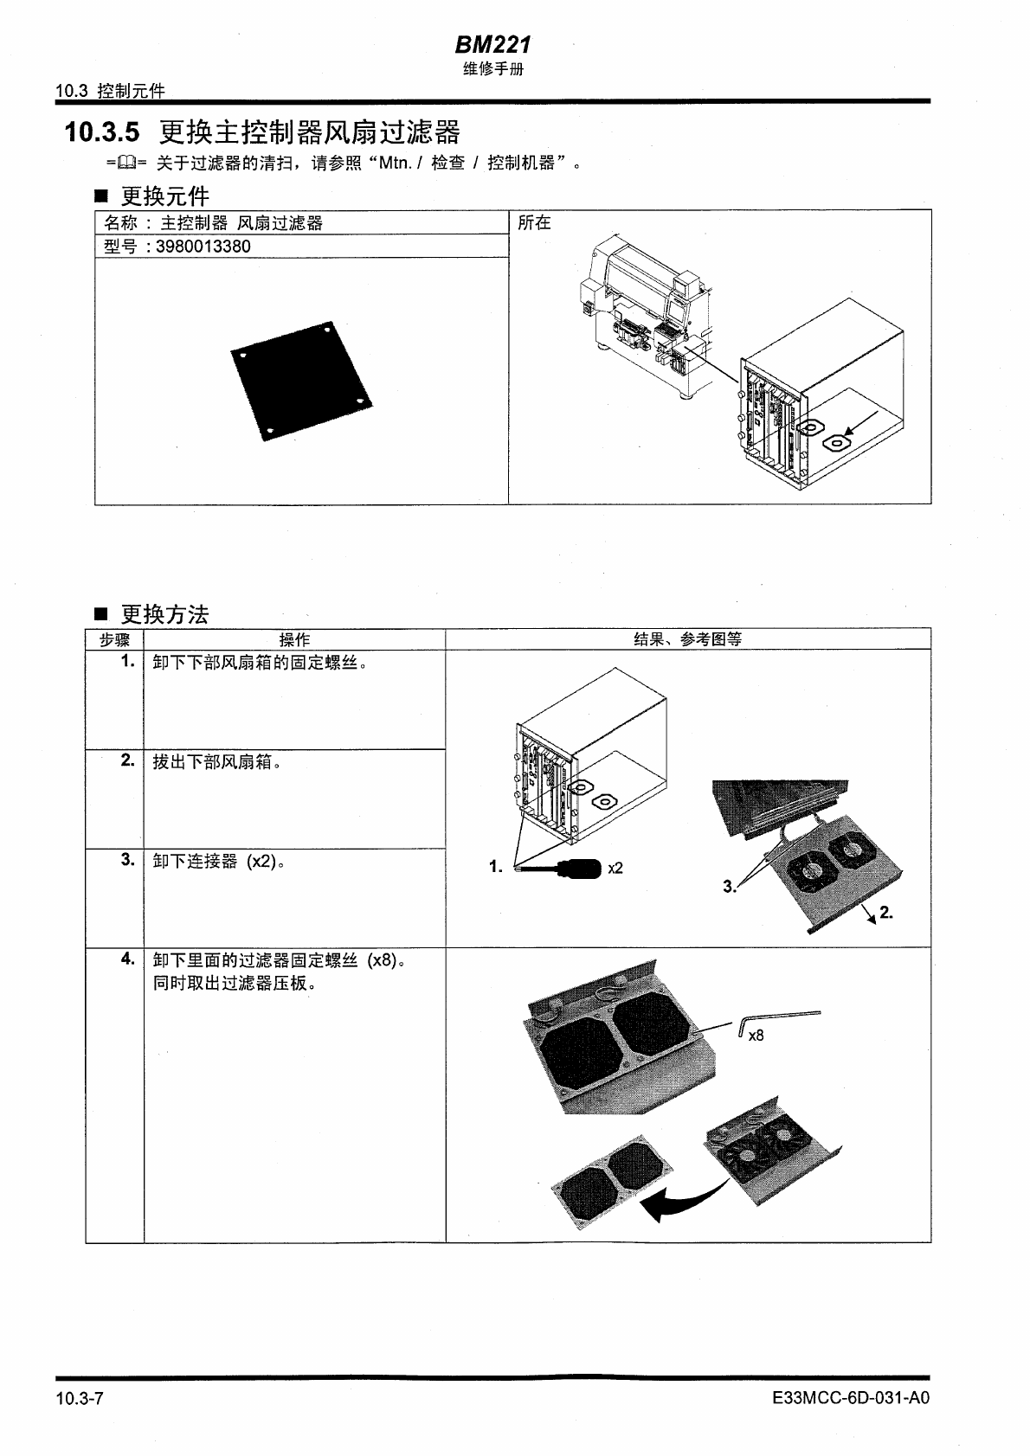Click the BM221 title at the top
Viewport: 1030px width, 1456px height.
[492, 44]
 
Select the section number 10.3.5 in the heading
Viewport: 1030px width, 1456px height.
[101, 133]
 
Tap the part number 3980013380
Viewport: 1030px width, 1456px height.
[203, 247]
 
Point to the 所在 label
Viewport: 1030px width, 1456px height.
[534, 223]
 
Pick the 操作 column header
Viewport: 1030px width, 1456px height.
[294, 639]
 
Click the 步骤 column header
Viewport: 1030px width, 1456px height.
[114, 639]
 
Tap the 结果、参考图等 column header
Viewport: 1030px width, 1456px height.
[688, 639]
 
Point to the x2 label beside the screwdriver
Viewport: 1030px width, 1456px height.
[615, 868]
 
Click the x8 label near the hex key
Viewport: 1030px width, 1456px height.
[756, 1036]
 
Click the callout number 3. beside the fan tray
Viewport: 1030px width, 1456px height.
[729, 886]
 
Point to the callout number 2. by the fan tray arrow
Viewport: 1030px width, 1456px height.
[885, 913]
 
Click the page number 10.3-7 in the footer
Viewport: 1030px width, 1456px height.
[80, 1398]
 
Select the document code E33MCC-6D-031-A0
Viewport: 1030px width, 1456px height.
[852, 1398]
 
